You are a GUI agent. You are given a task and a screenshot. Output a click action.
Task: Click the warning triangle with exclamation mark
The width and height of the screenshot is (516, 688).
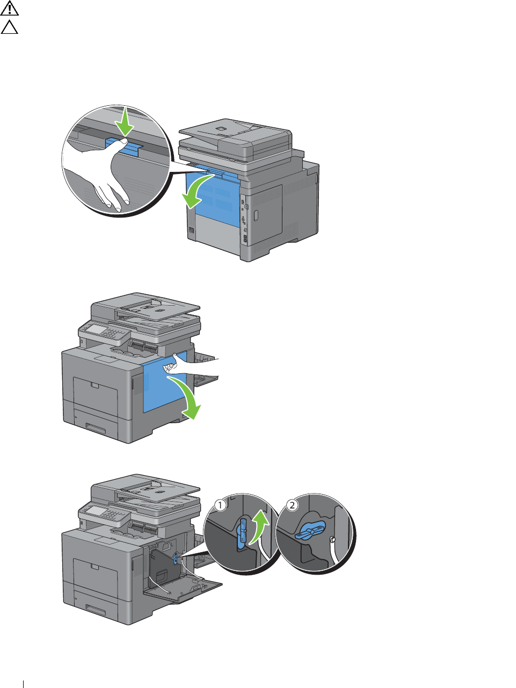[10, 8]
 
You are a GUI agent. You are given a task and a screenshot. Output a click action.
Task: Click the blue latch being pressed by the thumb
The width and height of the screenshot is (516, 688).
[123, 147]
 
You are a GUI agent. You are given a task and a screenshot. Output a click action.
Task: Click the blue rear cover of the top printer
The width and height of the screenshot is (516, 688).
[213, 198]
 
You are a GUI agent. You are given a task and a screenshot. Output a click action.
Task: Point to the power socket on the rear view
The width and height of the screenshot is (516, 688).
[192, 230]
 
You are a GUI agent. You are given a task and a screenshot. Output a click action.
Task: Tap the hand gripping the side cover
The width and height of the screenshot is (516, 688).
[188, 365]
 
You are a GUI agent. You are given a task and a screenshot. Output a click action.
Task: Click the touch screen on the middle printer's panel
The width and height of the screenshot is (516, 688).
[97, 329]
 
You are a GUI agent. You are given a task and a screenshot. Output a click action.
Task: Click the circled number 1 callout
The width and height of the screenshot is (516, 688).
[220, 505]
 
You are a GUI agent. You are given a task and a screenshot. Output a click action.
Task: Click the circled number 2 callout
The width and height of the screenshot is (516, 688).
[292, 505]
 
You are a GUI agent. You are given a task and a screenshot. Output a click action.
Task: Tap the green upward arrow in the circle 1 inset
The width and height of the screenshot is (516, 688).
[260, 529]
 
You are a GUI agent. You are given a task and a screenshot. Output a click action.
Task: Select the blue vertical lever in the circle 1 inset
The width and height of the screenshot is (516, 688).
[241, 533]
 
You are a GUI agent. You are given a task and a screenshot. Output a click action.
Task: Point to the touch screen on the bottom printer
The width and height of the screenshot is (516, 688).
[97, 511]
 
